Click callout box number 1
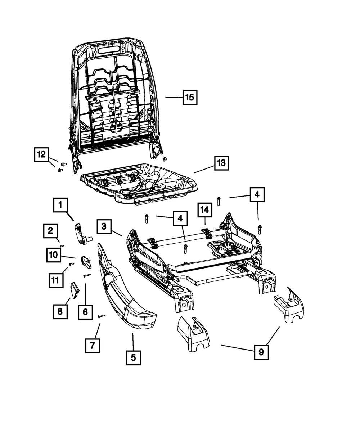61,206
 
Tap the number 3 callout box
104,226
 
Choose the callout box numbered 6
85,312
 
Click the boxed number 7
93,346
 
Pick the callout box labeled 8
60,312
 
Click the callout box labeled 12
41,155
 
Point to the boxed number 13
221,163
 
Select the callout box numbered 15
190,97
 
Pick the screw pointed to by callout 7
101,316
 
